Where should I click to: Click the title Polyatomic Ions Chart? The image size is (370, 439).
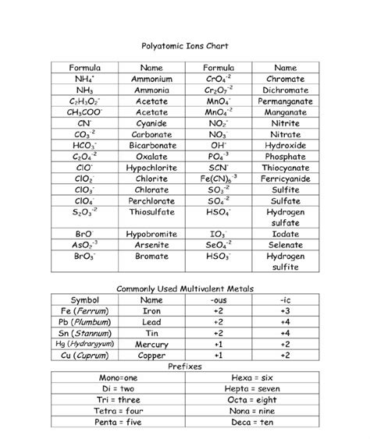[184, 47]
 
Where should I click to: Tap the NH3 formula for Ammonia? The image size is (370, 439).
[84, 90]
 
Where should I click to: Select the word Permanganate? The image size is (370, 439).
[285, 101]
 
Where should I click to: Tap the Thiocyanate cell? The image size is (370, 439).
[285, 167]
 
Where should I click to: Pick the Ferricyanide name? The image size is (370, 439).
[285, 178]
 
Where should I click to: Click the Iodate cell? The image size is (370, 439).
[285, 232]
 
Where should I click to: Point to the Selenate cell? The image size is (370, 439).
[285, 244]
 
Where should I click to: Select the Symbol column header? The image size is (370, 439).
[87, 299]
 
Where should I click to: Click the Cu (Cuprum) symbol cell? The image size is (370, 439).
[87, 354]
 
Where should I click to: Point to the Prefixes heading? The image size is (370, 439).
[185, 365]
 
